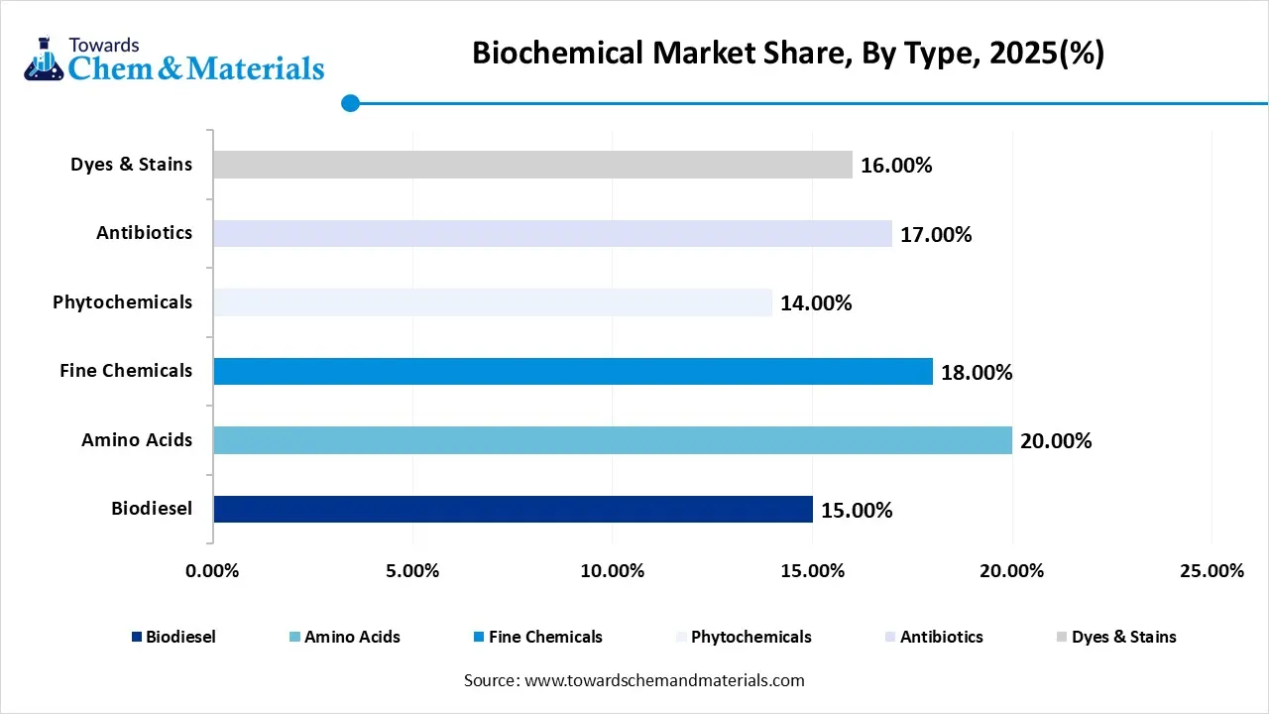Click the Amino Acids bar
tap(612, 440)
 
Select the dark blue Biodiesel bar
tap(513, 510)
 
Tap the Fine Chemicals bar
tap(572, 372)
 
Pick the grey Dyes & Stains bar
tap(532, 165)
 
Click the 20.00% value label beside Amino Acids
tap(1055, 441)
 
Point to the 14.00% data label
tap(815, 303)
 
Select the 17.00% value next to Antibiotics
tap(935, 235)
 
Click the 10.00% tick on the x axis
tap(612, 571)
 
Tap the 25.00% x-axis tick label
tap(1211, 571)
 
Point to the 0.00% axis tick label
tap(212, 571)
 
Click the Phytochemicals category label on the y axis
tap(123, 302)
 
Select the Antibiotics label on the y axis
tap(145, 233)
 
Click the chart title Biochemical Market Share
tap(787, 53)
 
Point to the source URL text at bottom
tap(634, 680)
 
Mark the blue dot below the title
tap(350, 102)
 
